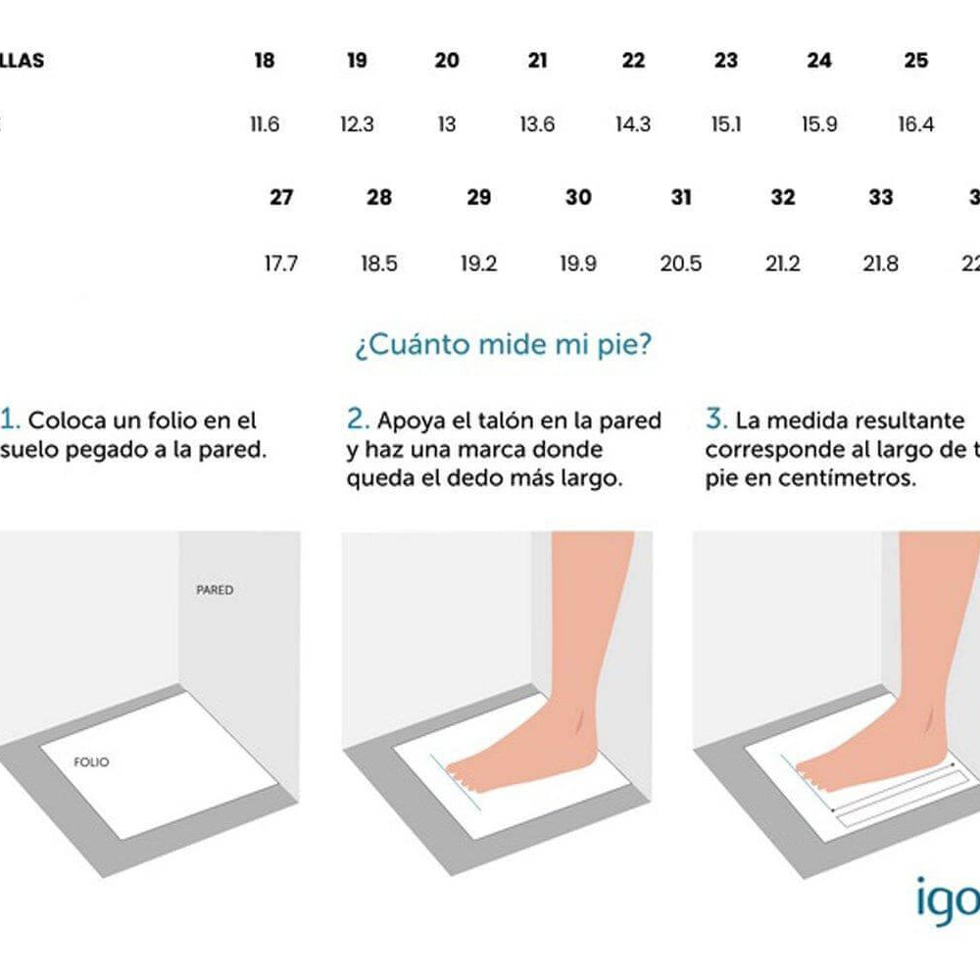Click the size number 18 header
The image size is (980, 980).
[264, 61]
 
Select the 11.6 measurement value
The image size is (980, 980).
[265, 124]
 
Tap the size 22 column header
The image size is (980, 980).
[633, 61]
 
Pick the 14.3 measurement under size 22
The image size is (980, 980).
[633, 124]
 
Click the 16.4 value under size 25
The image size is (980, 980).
[915, 124]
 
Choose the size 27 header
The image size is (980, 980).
[281, 198]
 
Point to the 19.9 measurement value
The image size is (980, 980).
[578, 264]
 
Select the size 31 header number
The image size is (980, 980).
[681, 198]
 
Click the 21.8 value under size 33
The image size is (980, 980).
[880, 264]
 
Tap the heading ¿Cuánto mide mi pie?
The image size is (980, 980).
[502, 346]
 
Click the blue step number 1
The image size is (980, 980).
[10, 420]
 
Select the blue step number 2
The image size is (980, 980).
[358, 420]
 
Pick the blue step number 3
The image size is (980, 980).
[716, 420]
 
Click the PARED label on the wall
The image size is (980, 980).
[215, 591]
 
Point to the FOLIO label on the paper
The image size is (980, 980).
[93, 761]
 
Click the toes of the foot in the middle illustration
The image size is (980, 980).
[464, 776]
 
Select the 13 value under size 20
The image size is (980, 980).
[447, 124]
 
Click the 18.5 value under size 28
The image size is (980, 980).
[378, 264]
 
